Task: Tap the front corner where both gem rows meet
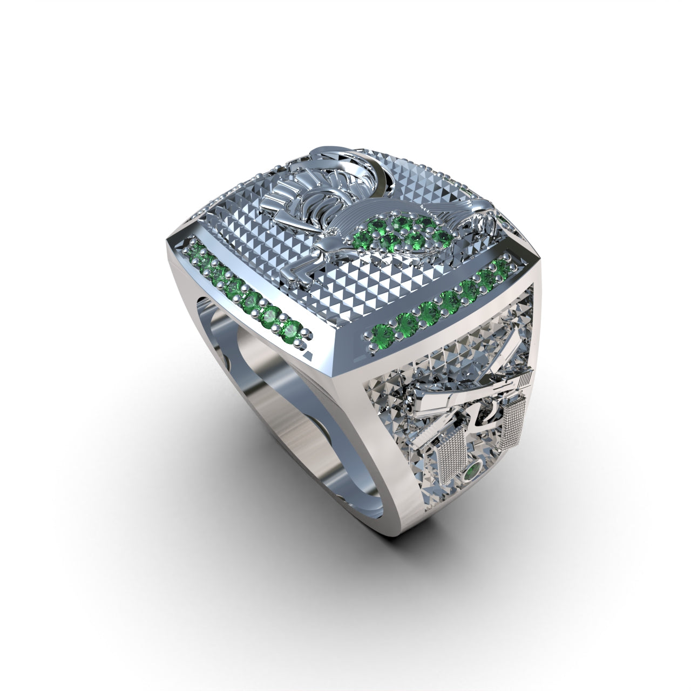click(x=332, y=345)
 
